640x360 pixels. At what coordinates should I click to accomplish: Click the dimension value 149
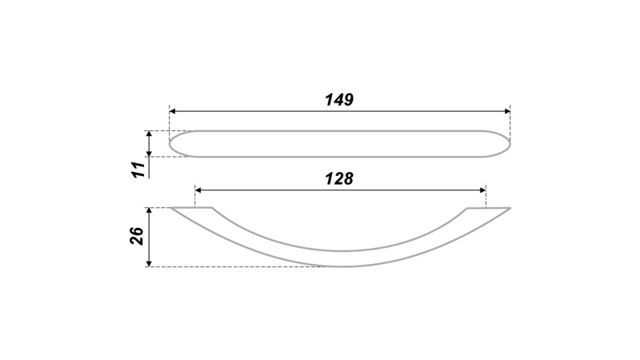(338, 99)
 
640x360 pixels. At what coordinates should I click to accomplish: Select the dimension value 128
(338, 178)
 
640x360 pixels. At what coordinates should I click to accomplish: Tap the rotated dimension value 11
(138, 170)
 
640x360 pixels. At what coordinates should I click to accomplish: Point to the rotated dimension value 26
(138, 235)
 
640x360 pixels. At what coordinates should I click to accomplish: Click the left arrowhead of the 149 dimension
(172, 111)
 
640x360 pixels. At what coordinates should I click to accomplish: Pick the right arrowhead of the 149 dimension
(507, 111)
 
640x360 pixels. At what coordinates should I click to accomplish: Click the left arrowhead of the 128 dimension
(198, 190)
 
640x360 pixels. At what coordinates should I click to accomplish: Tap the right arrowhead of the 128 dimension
(483, 190)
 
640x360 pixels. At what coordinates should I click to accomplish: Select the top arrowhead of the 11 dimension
(149, 134)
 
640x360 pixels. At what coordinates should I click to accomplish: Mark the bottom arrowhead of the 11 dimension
(149, 154)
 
